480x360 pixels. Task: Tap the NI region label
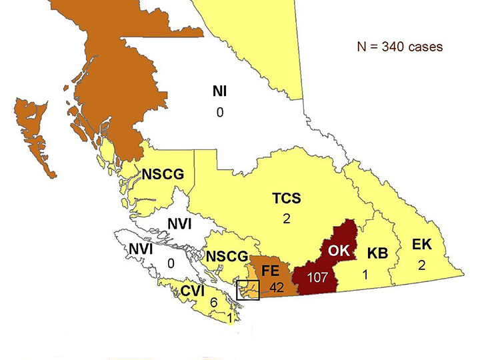219,92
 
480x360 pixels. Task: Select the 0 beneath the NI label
219,113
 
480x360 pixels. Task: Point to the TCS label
286,199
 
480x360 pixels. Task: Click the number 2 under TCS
286,218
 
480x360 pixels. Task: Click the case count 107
319,275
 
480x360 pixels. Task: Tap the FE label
270,271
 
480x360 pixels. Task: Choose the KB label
377,253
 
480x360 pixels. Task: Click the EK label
421,245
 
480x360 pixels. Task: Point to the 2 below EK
421,265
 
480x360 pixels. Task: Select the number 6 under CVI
213,303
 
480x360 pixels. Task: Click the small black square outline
249,291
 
